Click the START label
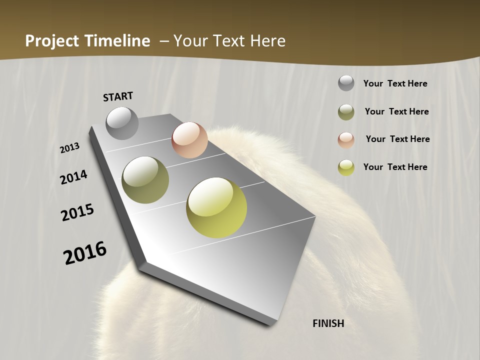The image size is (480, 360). tap(118, 96)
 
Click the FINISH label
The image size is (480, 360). tap(328, 323)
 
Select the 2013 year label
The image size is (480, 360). tap(69, 148)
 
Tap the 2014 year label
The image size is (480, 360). tap(73, 177)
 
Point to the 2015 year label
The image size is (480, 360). tap(77, 212)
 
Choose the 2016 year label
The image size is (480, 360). tap(85, 253)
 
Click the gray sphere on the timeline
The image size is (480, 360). tap(122, 123)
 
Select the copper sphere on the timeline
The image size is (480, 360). tap(189, 140)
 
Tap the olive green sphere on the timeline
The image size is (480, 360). tap(145, 180)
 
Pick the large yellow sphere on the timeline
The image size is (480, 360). tap(216, 207)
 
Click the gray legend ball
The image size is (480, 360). tap(346, 83)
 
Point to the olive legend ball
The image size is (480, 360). tap(346, 112)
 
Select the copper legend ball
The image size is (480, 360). tap(346, 139)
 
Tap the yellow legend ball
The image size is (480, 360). tap(346, 167)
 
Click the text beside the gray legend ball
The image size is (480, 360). tap(395, 83)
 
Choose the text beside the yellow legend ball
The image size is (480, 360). tap(395, 167)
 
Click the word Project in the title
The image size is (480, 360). tap(52, 41)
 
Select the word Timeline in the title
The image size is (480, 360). tap(118, 41)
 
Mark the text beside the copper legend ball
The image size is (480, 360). tap(397, 139)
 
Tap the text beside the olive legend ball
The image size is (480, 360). tap(396, 111)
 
